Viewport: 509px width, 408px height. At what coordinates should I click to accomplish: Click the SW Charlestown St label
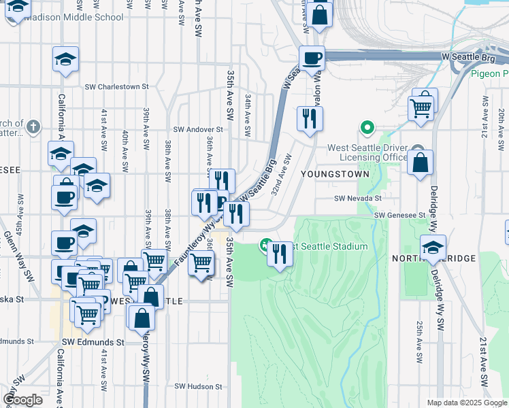coord(116,87)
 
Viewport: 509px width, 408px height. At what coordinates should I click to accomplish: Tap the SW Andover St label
coord(198,129)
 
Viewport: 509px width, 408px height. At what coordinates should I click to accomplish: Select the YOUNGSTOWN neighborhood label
coord(338,174)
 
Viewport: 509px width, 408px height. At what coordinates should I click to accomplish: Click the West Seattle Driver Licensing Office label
coord(367,153)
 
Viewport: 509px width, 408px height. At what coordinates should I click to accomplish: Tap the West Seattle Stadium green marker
coord(265,245)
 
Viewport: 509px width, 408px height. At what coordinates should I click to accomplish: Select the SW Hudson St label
coord(199,386)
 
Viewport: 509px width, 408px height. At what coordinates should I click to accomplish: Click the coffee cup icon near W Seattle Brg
coord(312,58)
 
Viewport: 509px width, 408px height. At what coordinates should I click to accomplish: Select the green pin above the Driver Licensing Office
coord(367,127)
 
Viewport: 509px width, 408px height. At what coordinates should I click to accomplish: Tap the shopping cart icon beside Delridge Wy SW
coord(421,106)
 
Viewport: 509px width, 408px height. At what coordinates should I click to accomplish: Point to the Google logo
coord(22,400)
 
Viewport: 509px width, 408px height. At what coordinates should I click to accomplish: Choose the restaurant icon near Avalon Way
coord(310,118)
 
